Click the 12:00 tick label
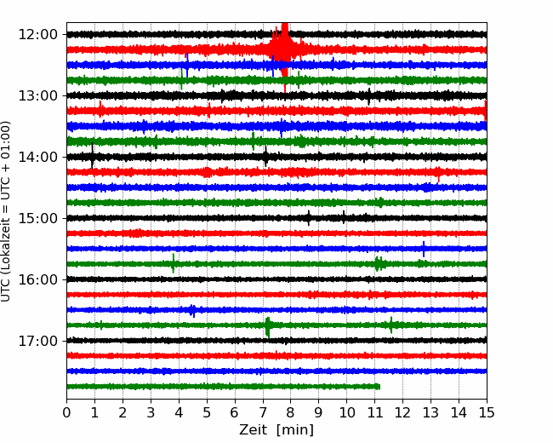[37, 35]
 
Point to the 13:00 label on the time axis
[37, 95]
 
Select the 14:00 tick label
[37, 158]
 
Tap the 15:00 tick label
[37, 218]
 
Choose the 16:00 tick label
[37, 279]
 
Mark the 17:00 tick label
[37, 341]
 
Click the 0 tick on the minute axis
[66, 412]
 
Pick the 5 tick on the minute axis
[207, 412]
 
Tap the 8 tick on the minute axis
[291, 412]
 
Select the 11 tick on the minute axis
[374, 412]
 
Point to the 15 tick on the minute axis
[487, 412]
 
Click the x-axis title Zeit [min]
[276, 430]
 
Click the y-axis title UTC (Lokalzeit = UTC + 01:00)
[5, 211]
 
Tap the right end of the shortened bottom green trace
[379, 387]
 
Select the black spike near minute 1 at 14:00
[93, 156]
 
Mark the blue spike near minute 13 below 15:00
[424, 249]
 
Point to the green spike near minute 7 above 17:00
[268, 327]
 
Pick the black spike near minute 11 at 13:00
[369, 96]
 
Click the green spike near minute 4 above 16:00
[173, 263]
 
